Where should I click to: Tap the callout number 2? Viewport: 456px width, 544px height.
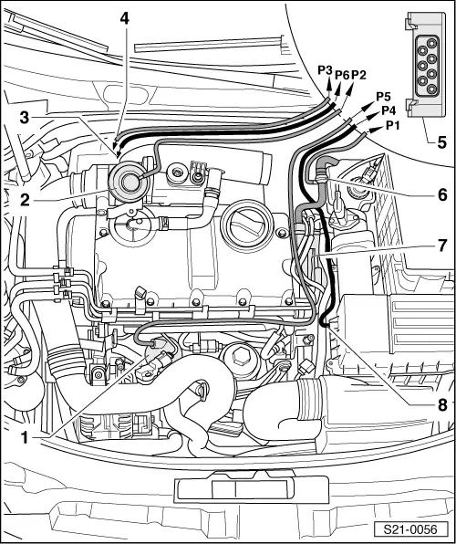25,200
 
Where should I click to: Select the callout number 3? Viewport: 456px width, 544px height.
25,118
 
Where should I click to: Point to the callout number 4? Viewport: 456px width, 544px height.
125,18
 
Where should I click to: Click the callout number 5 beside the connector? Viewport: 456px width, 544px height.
441,142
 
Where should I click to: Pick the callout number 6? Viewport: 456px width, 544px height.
442,195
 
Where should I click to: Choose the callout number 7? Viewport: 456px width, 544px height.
441,246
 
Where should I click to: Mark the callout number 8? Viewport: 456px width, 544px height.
442,405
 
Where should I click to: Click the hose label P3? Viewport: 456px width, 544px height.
326,70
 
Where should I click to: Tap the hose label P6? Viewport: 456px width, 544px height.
342,74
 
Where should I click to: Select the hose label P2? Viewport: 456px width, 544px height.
358,74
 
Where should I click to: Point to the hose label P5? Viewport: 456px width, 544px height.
384,96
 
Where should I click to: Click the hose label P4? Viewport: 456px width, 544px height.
389,110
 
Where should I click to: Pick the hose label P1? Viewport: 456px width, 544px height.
392,125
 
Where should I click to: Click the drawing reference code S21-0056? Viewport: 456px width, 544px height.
410,529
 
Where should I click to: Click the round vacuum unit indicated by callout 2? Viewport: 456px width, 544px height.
130,181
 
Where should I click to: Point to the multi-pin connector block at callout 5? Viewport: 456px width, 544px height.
426,65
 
